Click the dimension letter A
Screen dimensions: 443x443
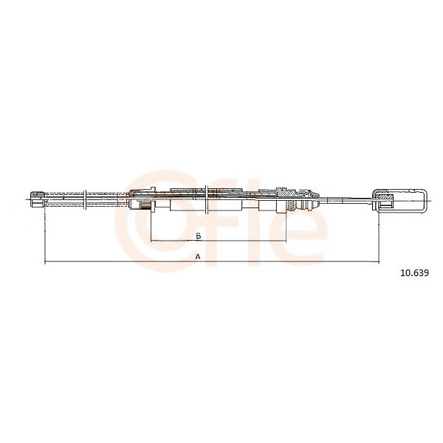[x=198, y=257]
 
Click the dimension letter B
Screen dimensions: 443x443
[x=199, y=236]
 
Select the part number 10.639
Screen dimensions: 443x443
[x=415, y=273]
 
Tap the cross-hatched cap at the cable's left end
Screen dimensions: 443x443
[x=38, y=195]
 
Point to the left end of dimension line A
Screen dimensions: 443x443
[x=45, y=262]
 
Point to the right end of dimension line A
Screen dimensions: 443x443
[x=379, y=262]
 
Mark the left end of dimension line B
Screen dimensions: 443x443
[x=151, y=241]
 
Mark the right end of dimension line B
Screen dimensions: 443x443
[x=286, y=241]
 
